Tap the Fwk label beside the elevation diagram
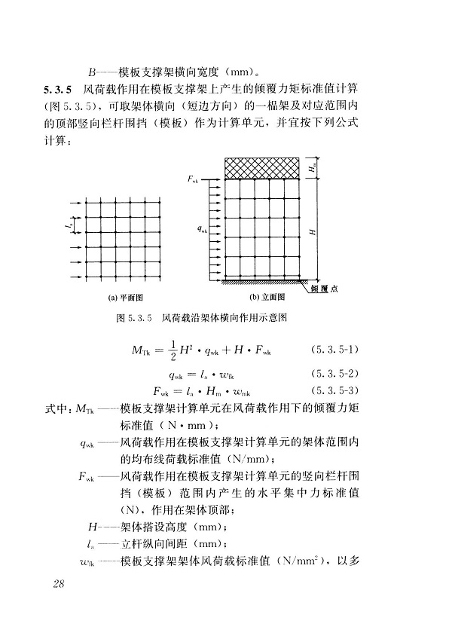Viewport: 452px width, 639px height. (194, 180)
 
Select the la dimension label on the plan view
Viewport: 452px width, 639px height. (68, 224)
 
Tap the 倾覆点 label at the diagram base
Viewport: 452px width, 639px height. (323, 288)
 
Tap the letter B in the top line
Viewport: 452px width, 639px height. (92, 73)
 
